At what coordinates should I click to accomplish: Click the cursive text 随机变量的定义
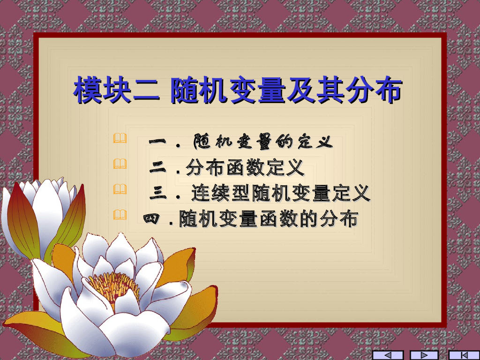coord(262,141)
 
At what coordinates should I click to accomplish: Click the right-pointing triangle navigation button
coord(424,355)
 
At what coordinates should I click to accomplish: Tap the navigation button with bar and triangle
coord(464,355)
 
